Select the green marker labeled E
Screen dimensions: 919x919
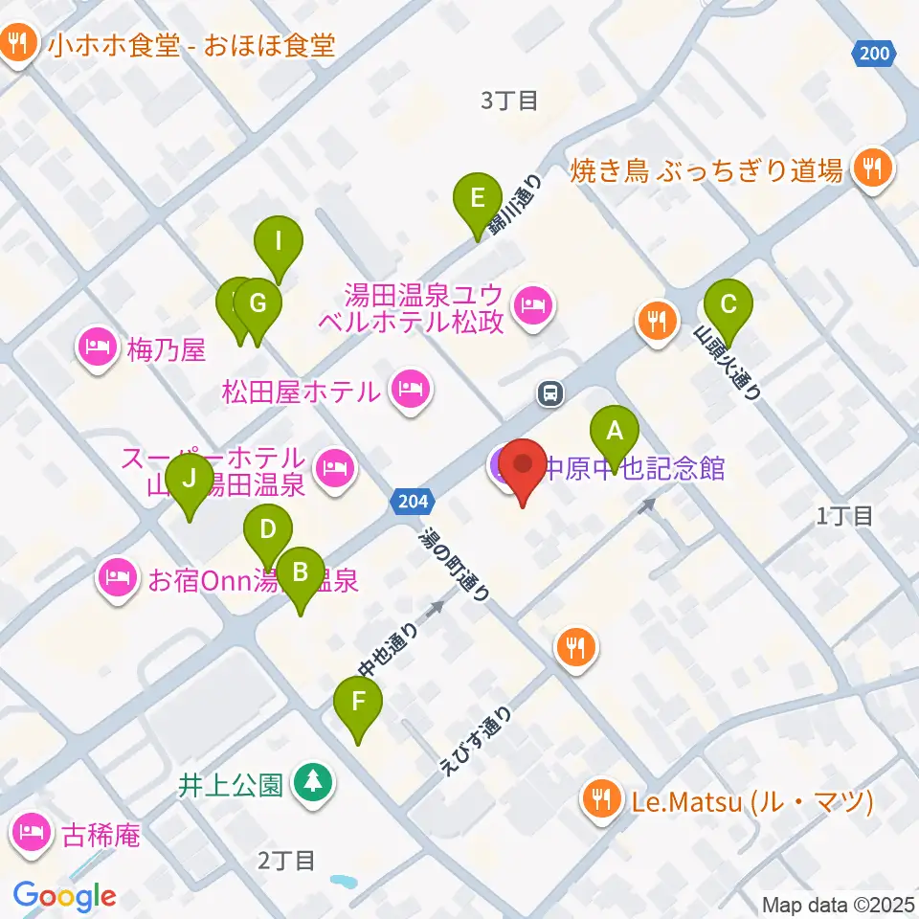click(x=478, y=199)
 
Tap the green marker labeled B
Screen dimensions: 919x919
click(x=300, y=573)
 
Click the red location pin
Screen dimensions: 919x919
click(x=523, y=466)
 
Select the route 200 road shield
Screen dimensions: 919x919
click(x=874, y=55)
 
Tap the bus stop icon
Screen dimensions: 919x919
click(x=550, y=392)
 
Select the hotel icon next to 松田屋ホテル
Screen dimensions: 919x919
click(x=411, y=388)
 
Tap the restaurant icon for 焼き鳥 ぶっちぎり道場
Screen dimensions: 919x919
click(x=871, y=168)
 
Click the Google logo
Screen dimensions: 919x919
click(x=64, y=896)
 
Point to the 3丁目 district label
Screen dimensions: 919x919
click(x=509, y=101)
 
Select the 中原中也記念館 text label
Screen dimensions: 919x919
click(x=634, y=468)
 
